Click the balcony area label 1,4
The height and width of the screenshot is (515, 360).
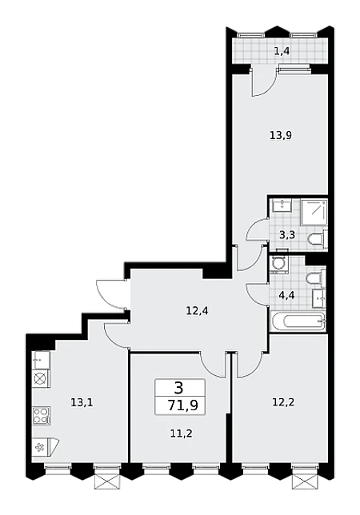(x=282, y=51)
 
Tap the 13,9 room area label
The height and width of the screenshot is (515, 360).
(x=281, y=135)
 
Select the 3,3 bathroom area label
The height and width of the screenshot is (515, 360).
(x=287, y=235)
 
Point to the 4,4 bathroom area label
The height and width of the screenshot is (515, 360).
(x=286, y=295)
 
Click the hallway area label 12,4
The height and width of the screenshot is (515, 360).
(x=197, y=310)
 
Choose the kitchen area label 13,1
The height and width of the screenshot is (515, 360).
(x=82, y=402)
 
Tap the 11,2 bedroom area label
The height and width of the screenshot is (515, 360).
(x=181, y=433)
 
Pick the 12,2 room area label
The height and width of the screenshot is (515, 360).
(x=283, y=402)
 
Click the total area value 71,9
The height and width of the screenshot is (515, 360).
(x=182, y=405)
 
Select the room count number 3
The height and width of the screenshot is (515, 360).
(x=179, y=389)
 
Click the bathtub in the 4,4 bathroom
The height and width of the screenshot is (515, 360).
(x=298, y=321)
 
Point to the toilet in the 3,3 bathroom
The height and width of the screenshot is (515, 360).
(x=318, y=239)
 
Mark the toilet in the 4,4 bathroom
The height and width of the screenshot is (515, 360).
(x=316, y=279)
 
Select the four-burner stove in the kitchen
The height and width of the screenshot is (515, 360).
(x=42, y=416)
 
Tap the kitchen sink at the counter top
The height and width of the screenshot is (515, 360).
(x=42, y=361)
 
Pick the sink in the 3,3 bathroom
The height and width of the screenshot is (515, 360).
(x=282, y=206)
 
